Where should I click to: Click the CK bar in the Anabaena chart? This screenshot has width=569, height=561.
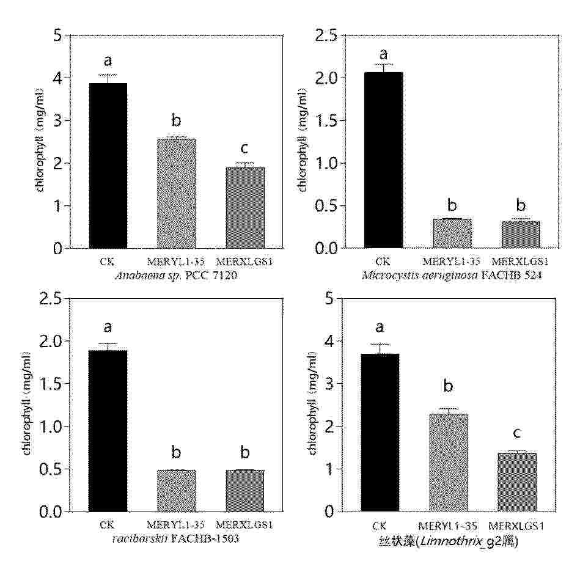pyautogui.click(x=108, y=166)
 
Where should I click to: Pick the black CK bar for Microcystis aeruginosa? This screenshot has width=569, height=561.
pyautogui.click(x=383, y=160)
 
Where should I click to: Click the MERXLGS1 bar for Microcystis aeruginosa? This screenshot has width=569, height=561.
pyautogui.click(x=521, y=235)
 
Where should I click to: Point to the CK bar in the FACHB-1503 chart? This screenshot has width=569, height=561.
pyautogui.click(x=108, y=431)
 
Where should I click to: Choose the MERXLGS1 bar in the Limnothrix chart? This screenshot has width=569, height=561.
pyautogui.click(x=517, y=482)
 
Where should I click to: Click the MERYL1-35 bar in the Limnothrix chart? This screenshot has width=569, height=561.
pyautogui.click(x=449, y=463)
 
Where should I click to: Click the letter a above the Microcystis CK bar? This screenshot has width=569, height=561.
pyautogui.click(x=384, y=54)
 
